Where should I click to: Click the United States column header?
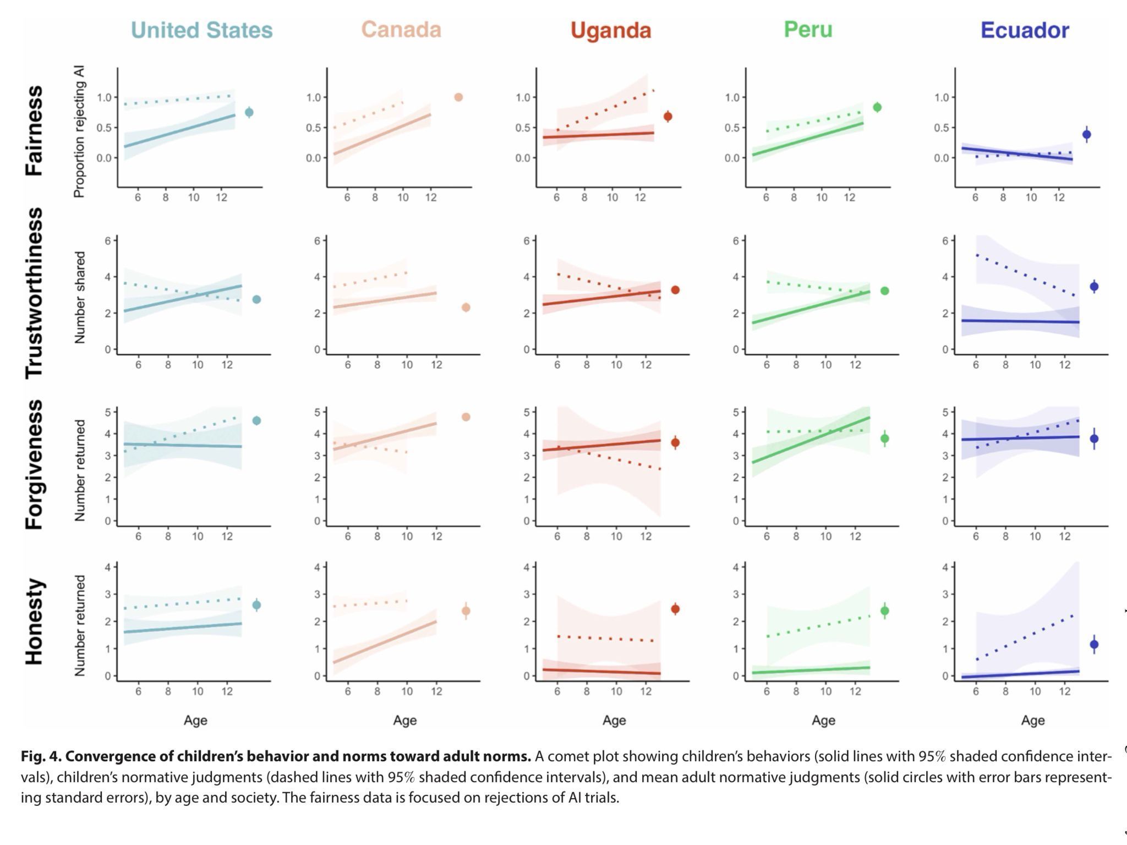(x=202, y=30)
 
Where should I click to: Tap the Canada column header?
(x=402, y=30)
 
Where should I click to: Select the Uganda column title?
(x=611, y=30)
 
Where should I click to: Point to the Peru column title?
(x=808, y=29)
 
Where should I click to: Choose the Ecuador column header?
(x=1025, y=30)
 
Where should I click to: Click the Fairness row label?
(x=34, y=130)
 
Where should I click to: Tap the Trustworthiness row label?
(x=34, y=293)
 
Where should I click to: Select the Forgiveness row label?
(x=34, y=465)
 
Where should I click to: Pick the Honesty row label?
(x=34, y=621)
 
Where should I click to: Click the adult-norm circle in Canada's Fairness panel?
(x=458, y=97)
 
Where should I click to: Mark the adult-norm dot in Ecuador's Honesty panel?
(x=1094, y=644)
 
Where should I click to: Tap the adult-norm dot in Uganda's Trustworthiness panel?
(x=675, y=290)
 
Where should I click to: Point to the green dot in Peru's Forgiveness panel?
(x=885, y=438)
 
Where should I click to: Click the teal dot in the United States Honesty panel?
(x=256, y=605)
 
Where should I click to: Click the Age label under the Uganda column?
(x=614, y=720)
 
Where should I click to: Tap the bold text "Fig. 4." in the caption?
(x=41, y=756)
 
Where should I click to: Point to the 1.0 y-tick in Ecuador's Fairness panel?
(x=942, y=97)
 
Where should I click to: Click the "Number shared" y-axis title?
(x=80, y=298)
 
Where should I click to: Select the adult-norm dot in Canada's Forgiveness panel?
(x=466, y=417)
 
